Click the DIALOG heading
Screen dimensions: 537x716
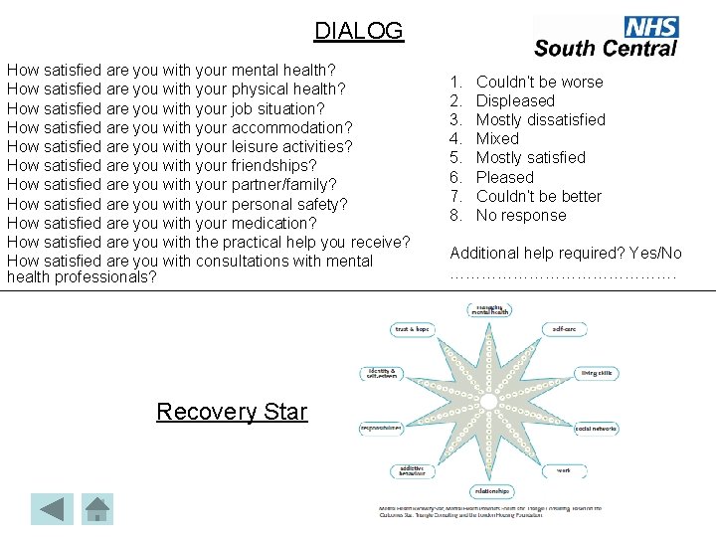pyautogui.click(x=359, y=31)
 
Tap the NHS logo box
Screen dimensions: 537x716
pyautogui.click(x=650, y=27)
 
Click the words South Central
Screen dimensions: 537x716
pyautogui.click(x=605, y=48)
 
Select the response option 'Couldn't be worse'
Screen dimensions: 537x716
pyautogui.click(x=539, y=82)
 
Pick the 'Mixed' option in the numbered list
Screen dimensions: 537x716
pyautogui.click(x=497, y=138)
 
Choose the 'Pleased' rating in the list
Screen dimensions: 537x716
pyautogui.click(x=504, y=177)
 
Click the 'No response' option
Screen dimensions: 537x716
pyautogui.click(x=521, y=215)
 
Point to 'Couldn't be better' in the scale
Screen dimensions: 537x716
pyautogui.click(x=538, y=196)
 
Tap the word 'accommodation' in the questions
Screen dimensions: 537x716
pyautogui.click(x=289, y=127)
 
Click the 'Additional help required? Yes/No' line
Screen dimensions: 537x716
pyautogui.click(x=566, y=254)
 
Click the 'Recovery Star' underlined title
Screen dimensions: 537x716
pyautogui.click(x=232, y=411)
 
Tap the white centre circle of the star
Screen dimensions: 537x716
pyautogui.click(x=487, y=401)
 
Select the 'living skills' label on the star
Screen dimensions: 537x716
pyautogui.click(x=597, y=373)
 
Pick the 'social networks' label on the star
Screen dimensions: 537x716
pyautogui.click(x=595, y=429)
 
